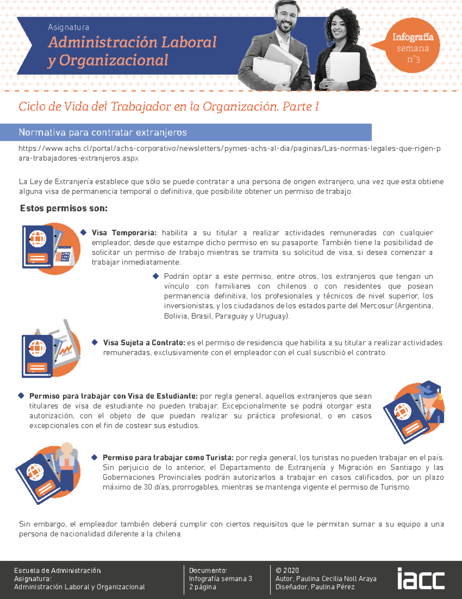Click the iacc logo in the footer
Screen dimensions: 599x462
[x=421, y=579]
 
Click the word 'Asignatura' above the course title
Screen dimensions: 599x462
[x=69, y=27]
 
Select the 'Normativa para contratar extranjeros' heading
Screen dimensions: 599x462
[x=103, y=133]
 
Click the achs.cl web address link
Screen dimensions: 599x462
[x=229, y=153]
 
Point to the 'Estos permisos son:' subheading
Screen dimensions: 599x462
[x=64, y=209]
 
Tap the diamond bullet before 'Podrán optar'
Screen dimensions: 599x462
[x=156, y=276]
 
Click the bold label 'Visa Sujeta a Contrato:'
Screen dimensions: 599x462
[x=144, y=343]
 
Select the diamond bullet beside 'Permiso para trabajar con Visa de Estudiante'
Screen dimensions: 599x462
[x=21, y=396]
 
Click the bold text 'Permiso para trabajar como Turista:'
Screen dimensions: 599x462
[x=168, y=458]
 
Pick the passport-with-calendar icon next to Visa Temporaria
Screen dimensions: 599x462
[x=51, y=248]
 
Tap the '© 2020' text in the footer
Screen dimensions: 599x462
[x=287, y=570]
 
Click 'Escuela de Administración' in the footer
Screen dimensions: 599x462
[x=57, y=570]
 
